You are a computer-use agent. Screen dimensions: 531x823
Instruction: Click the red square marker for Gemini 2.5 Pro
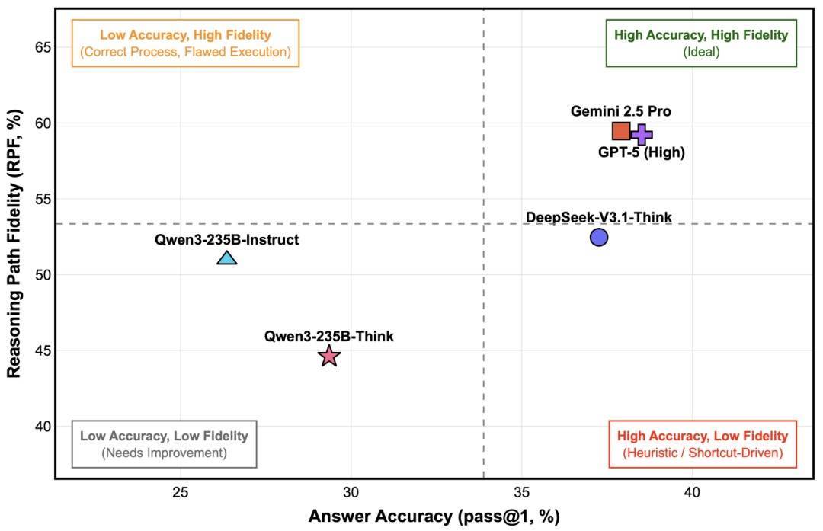(x=621, y=131)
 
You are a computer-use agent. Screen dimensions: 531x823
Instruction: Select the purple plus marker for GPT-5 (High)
(x=642, y=134)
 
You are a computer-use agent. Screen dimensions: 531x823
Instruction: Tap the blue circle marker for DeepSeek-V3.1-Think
(x=599, y=237)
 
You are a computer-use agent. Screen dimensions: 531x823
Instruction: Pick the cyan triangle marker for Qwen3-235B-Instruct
(x=227, y=258)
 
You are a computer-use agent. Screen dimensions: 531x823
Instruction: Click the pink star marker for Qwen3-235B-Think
(x=328, y=356)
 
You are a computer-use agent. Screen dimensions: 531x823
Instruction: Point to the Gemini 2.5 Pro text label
(x=621, y=111)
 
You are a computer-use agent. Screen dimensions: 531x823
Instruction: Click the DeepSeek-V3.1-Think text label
(x=599, y=218)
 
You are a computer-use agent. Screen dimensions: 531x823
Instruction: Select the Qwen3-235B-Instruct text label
(x=226, y=239)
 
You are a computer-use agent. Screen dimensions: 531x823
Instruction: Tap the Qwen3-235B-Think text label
(x=329, y=335)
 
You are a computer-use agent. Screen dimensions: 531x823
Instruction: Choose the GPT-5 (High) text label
(x=642, y=152)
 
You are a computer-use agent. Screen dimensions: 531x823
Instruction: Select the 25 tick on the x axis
(x=181, y=491)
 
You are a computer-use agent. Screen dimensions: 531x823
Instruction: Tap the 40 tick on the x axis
(x=692, y=491)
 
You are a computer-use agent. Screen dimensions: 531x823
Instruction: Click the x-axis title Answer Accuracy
(x=434, y=517)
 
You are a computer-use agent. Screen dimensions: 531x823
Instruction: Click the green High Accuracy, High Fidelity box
(x=701, y=43)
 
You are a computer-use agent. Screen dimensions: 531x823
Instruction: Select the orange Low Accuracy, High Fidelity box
(x=185, y=43)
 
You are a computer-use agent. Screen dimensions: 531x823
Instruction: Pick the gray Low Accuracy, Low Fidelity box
(x=164, y=444)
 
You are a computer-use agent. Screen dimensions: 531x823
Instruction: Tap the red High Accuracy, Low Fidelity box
(x=703, y=444)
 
